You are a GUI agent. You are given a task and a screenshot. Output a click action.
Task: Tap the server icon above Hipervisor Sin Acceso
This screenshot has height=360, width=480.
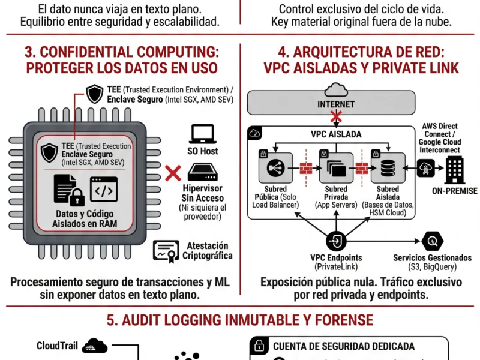pyautogui.click(x=203, y=173)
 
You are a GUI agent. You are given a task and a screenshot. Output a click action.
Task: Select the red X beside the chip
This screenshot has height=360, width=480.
pyautogui.click(x=173, y=174)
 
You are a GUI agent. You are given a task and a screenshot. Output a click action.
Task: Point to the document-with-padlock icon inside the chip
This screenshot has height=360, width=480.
pyautogui.click(x=68, y=190)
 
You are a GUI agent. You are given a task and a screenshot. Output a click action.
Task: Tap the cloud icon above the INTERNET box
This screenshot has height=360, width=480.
pyautogui.click(x=332, y=89)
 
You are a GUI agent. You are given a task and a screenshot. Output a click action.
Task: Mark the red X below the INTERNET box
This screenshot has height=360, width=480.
pyautogui.click(x=332, y=117)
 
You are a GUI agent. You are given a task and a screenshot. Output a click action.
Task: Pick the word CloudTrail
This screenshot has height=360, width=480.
pyautogui.click(x=56, y=346)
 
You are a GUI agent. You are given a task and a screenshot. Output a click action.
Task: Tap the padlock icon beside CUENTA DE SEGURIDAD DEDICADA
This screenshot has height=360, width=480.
pyautogui.click(x=259, y=346)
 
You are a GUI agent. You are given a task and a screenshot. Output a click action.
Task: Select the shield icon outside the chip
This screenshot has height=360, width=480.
pyautogui.click(x=94, y=94)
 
